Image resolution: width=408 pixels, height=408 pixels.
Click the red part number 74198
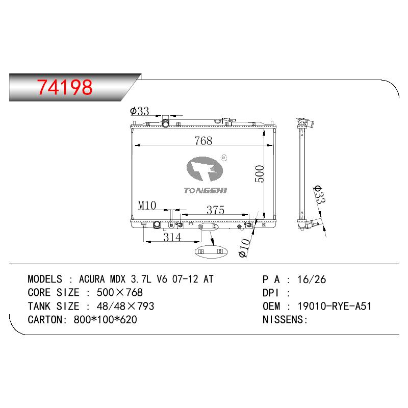[65, 87]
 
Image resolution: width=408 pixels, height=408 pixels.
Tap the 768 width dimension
[203, 141]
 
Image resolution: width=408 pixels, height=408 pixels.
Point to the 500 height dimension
[260, 173]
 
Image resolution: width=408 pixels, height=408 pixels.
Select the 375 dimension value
[215, 210]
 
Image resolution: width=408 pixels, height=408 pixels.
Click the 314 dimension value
[172, 237]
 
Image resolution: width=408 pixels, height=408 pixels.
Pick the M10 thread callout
[147, 206]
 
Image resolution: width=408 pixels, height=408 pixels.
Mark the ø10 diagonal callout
[244, 248]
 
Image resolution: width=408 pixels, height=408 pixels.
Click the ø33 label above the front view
[139, 111]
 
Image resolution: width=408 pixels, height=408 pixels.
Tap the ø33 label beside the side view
[319, 195]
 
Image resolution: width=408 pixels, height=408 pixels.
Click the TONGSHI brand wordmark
[206, 191]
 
